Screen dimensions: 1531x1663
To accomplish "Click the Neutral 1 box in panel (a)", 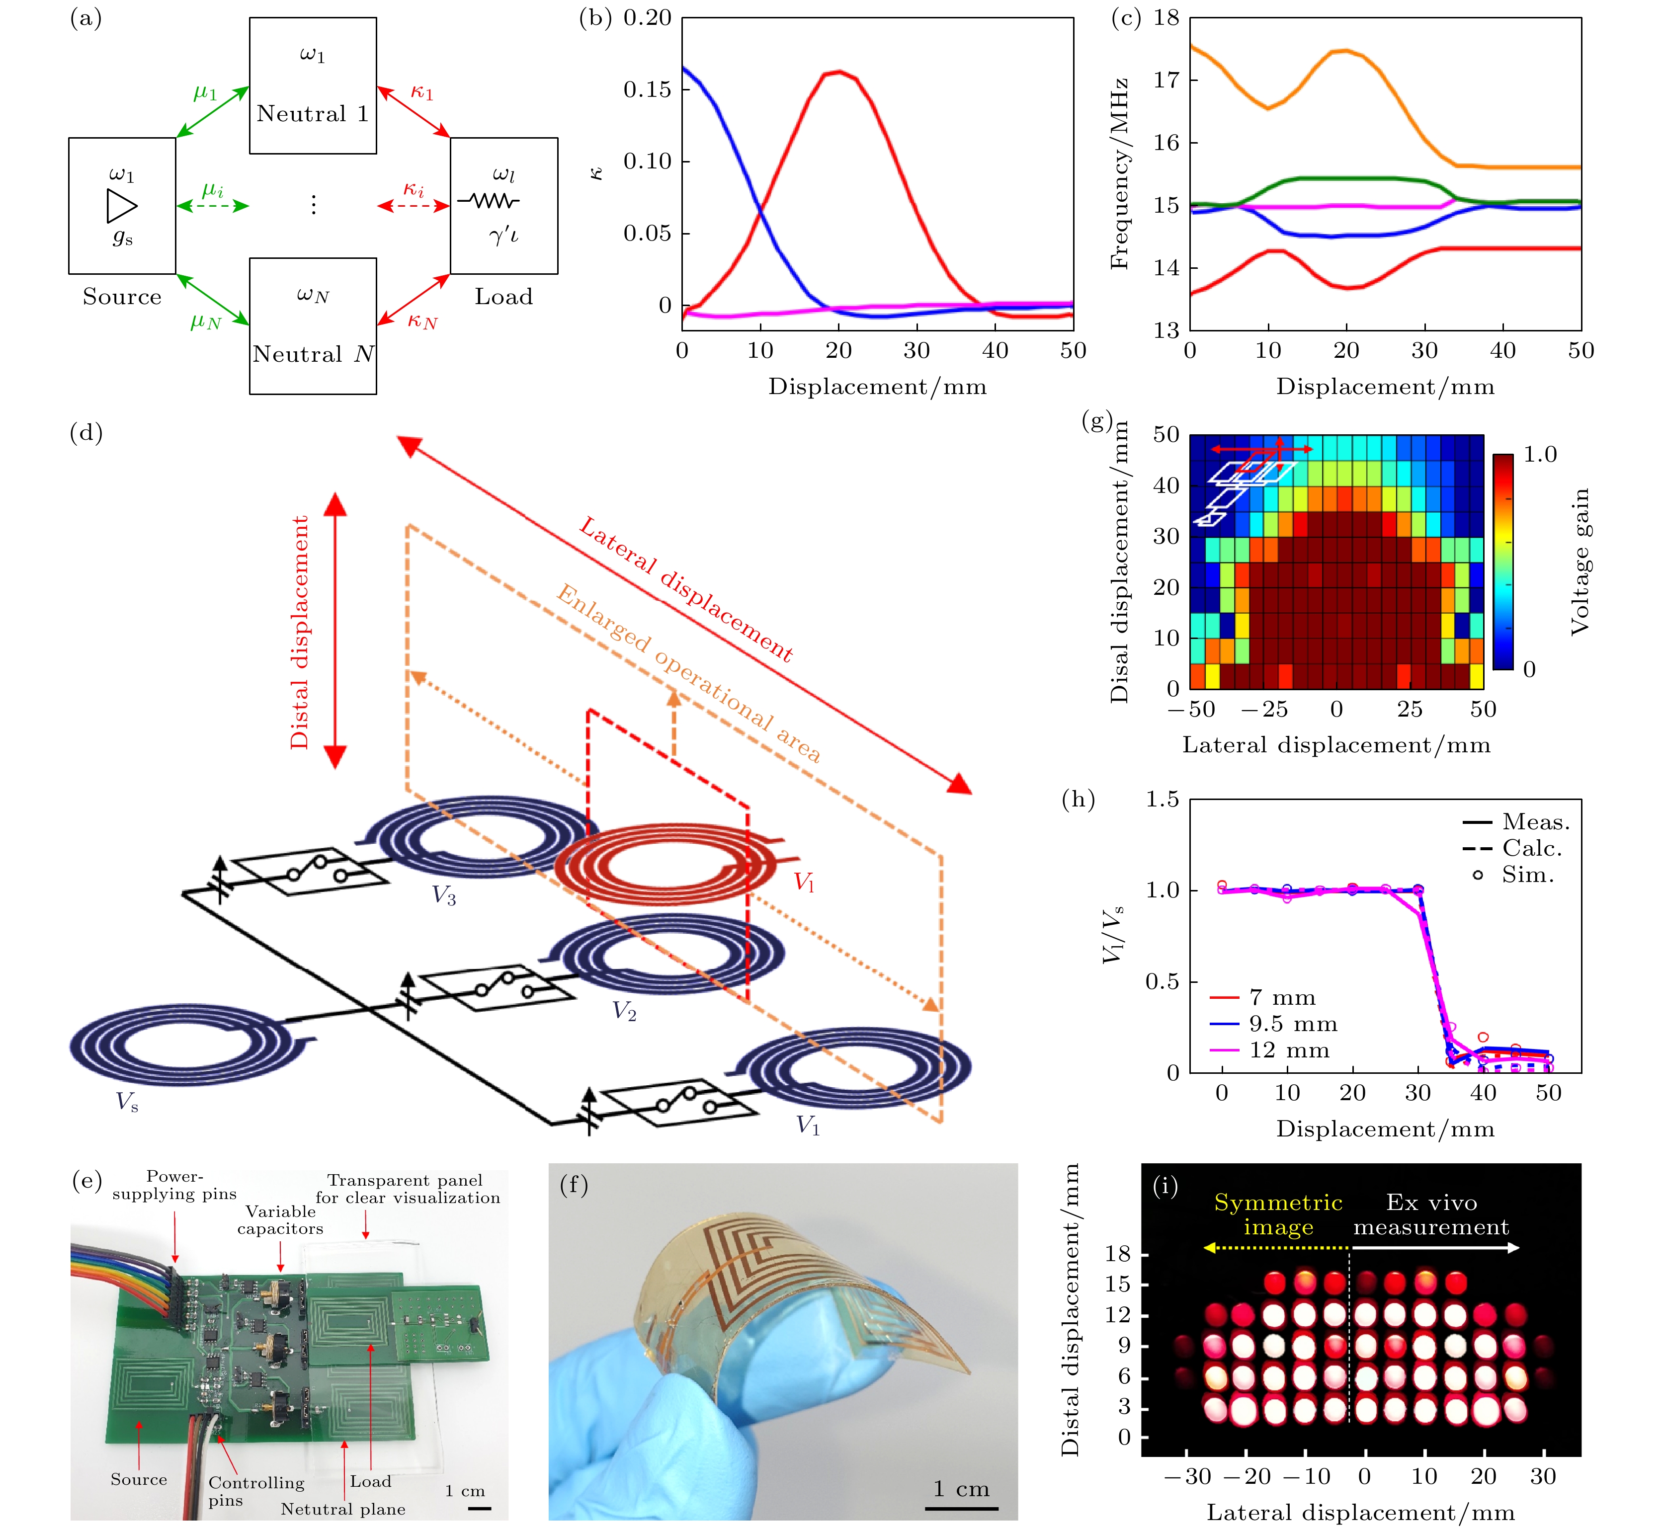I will pyautogui.click(x=313, y=85).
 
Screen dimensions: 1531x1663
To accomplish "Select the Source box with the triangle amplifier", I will pyautogui.click(x=122, y=205).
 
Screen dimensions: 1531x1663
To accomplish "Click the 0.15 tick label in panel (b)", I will pyautogui.click(x=647, y=89).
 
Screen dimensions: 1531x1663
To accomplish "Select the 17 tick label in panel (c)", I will pyautogui.click(x=1166, y=81).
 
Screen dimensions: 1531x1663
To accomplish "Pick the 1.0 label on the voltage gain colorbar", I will pyautogui.click(x=1540, y=455).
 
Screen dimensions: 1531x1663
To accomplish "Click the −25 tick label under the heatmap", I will pyautogui.click(x=1263, y=709).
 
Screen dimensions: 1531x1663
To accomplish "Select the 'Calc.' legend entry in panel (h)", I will pyautogui.click(x=1531, y=848).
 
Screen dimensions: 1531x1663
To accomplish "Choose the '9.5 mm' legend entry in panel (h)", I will pyautogui.click(x=1293, y=1024).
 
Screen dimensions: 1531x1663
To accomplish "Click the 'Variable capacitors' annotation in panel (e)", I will pyautogui.click(x=280, y=1219).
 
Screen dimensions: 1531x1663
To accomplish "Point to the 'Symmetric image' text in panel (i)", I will pyautogui.click(x=1278, y=1214).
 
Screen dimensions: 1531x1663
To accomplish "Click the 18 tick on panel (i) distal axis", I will pyautogui.click(x=1118, y=1254).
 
